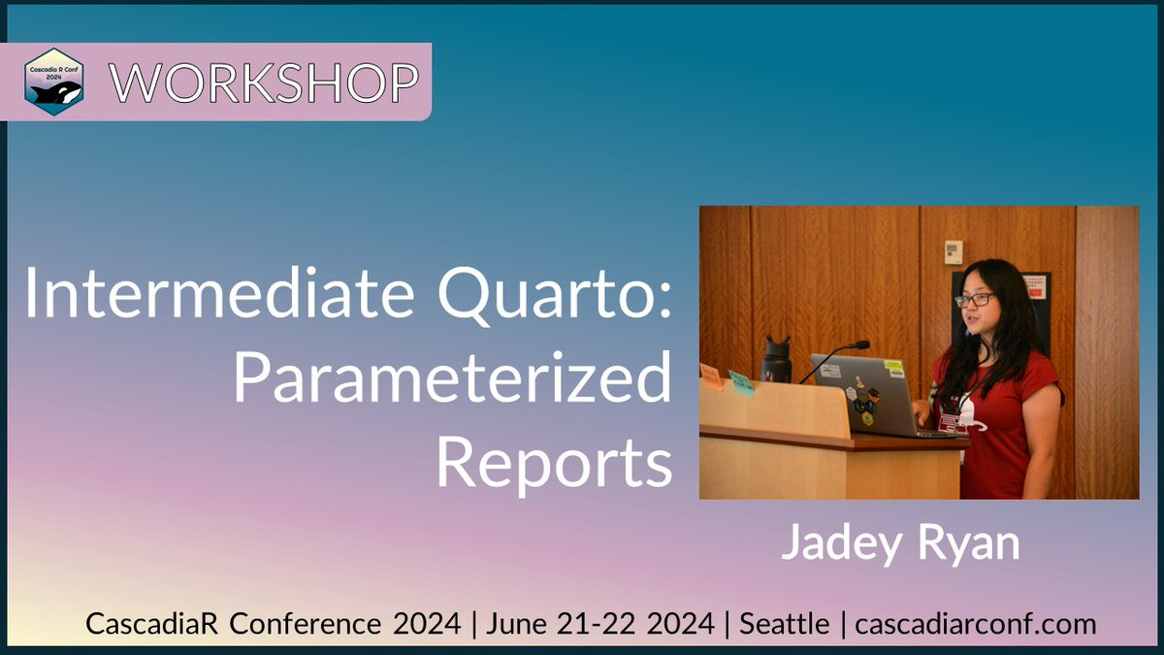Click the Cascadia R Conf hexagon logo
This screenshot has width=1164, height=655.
click(54, 82)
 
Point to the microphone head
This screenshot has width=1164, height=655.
click(859, 344)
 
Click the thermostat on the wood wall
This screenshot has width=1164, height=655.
click(954, 251)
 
